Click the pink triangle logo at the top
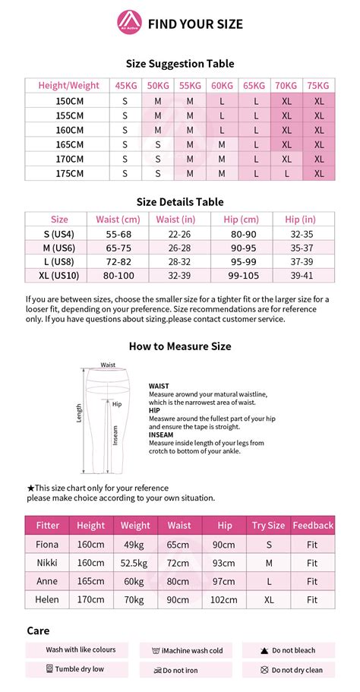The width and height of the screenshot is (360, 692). pyautogui.click(x=128, y=24)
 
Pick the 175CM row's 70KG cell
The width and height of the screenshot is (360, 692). pyautogui.click(x=286, y=173)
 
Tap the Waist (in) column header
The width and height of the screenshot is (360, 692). pyautogui.click(x=179, y=220)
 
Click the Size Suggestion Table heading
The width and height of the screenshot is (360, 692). pyautogui.click(x=180, y=64)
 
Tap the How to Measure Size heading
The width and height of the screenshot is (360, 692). pyautogui.click(x=180, y=346)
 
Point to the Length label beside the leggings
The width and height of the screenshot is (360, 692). pyautogui.click(x=78, y=412)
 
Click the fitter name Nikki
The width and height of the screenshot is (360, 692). pyautogui.click(x=47, y=563)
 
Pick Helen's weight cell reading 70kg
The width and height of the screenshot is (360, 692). pyautogui.click(x=135, y=600)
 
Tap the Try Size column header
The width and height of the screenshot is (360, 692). pyautogui.click(x=268, y=525)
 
